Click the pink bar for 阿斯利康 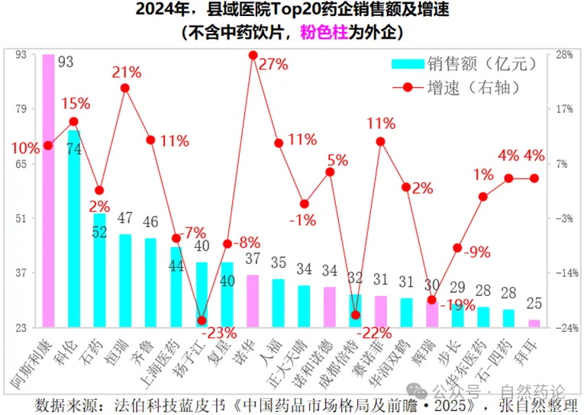pyautogui.click(x=48, y=191)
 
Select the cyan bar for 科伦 pyautogui.click(x=74, y=229)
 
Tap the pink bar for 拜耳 pyautogui.click(x=534, y=323)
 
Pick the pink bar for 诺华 pyautogui.click(x=253, y=301)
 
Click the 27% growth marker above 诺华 pyautogui.click(x=253, y=56)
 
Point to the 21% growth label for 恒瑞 pyautogui.click(x=127, y=72)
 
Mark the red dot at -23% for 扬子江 pyautogui.click(x=202, y=320)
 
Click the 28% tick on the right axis pyautogui.click(x=565, y=54)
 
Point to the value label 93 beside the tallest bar pyautogui.click(x=66, y=62)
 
